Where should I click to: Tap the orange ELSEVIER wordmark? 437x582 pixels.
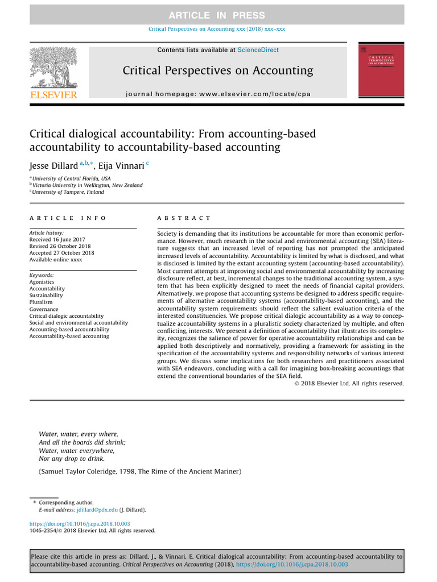[53, 95]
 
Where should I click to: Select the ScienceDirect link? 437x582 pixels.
[258, 50]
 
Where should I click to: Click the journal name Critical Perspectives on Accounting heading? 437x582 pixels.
[218, 70]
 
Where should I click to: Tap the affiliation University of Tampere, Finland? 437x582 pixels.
[68, 192]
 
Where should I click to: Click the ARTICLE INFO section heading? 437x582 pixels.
[68, 218]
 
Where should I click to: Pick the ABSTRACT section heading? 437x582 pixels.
[183, 218]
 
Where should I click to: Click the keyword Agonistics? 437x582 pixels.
[42, 282]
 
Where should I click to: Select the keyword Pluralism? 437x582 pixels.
[40, 302]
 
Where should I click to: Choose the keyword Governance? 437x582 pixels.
[44, 309]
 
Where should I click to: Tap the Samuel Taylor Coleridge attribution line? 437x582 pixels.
[140, 472]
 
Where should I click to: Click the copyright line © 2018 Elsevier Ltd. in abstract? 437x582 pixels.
[349, 384]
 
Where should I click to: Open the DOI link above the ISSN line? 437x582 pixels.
[80, 523]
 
